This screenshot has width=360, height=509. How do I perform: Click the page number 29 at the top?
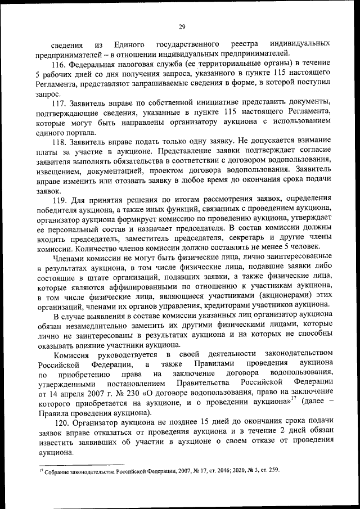pyautogui.click(x=182, y=27)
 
